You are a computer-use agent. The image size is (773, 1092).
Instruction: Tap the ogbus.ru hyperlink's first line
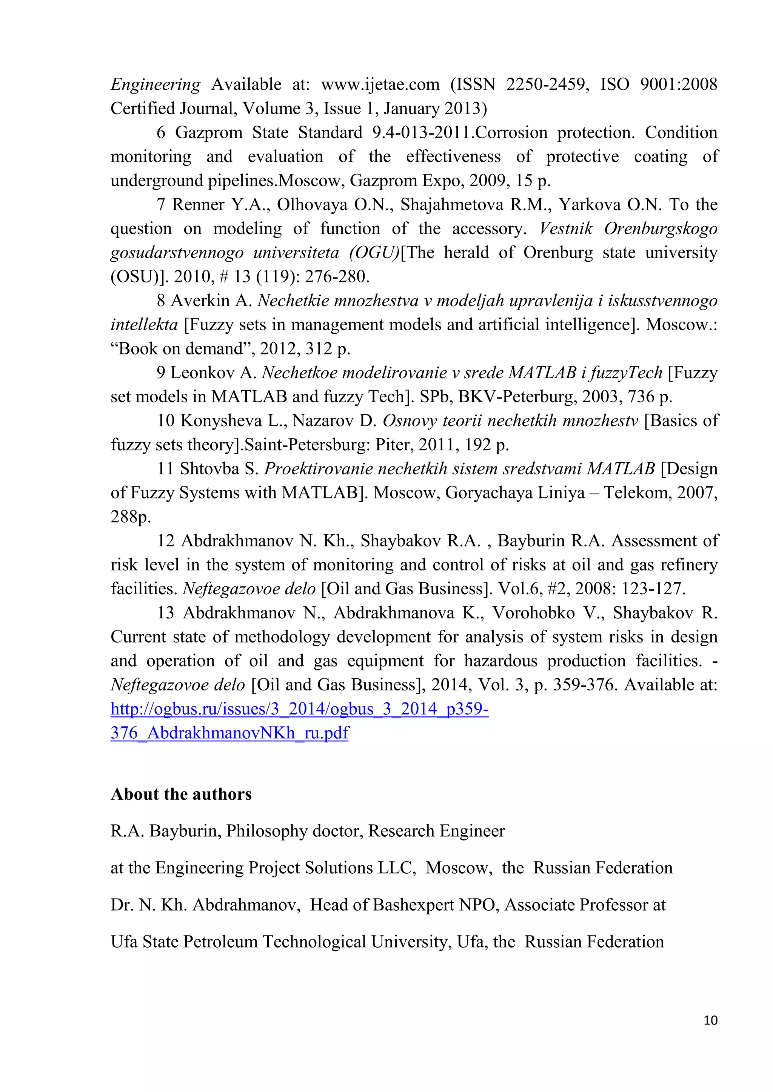pos(299,709)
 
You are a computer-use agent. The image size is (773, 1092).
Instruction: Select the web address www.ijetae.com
pos(380,85)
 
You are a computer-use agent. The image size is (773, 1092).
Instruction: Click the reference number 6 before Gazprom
pos(161,133)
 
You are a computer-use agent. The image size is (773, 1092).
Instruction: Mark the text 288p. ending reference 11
pos(131,517)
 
